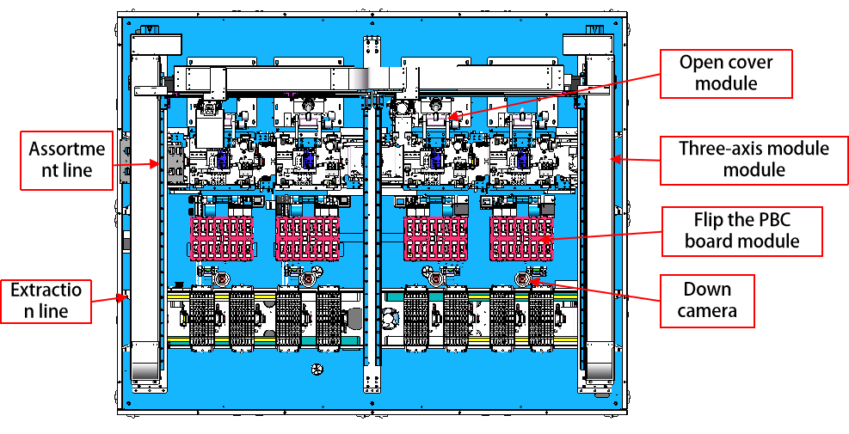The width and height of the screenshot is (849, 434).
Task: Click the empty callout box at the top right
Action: [726, 74]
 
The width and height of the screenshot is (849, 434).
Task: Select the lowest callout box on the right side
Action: [707, 301]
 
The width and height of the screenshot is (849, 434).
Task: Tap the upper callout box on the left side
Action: [67, 160]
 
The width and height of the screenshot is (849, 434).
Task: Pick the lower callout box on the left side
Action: [46, 301]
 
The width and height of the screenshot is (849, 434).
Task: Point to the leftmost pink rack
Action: [222, 238]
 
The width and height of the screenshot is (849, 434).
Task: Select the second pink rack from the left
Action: [307, 238]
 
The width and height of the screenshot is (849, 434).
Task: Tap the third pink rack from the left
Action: [436, 238]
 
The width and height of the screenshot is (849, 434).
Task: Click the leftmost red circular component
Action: [221, 280]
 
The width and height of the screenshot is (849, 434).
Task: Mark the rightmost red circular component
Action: [521, 280]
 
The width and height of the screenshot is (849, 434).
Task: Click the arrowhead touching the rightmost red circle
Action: [532, 281]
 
